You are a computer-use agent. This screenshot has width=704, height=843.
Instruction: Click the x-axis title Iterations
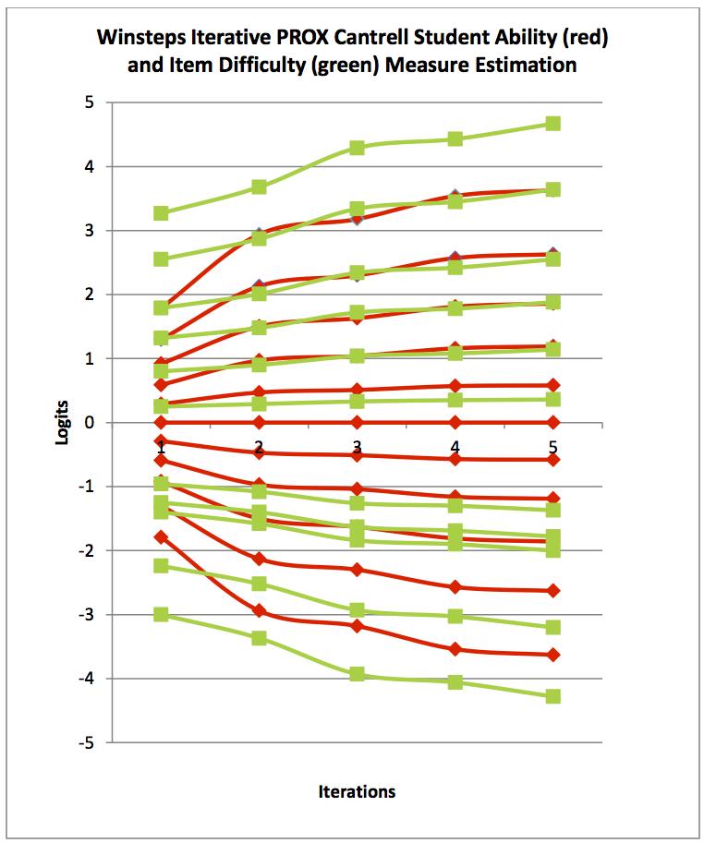point(357,791)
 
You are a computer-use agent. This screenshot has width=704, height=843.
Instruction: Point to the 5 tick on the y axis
point(90,102)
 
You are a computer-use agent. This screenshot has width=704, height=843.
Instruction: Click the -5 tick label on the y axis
point(86,742)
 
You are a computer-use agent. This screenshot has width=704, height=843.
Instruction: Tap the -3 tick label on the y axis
point(86,615)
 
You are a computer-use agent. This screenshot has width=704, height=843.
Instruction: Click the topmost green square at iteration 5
point(552,124)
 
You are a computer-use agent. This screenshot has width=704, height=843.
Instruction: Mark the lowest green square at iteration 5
point(552,696)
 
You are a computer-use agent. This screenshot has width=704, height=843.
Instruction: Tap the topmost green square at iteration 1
point(161,213)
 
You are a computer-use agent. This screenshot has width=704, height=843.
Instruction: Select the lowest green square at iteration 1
point(161,614)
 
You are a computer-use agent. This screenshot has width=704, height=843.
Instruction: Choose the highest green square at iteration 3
point(357,148)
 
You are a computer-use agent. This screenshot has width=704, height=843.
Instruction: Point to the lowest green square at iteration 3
point(357,675)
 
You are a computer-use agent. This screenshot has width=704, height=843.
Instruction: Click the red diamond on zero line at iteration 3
point(357,422)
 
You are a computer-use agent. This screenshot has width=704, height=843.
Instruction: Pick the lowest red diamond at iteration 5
point(552,655)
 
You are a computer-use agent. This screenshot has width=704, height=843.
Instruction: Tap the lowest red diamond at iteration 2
point(259,610)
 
